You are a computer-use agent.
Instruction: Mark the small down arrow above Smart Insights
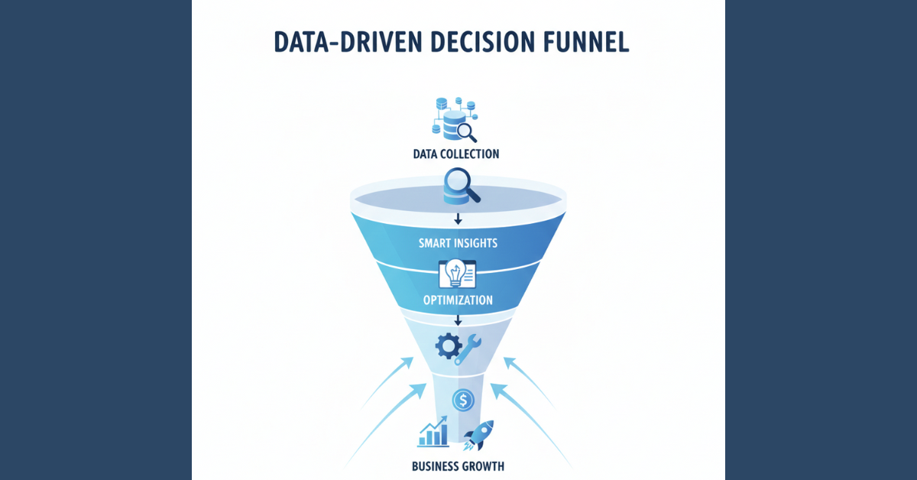coord(458,219)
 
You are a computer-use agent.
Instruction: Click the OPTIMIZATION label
coord(457,300)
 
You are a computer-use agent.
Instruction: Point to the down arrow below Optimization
coord(458,320)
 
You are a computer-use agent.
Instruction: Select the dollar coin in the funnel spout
coord(462,398)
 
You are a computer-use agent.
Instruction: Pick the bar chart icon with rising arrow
coord(433,432)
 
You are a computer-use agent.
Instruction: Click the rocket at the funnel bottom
coord(480,434)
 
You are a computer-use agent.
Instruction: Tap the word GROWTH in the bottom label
coord(484,465)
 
